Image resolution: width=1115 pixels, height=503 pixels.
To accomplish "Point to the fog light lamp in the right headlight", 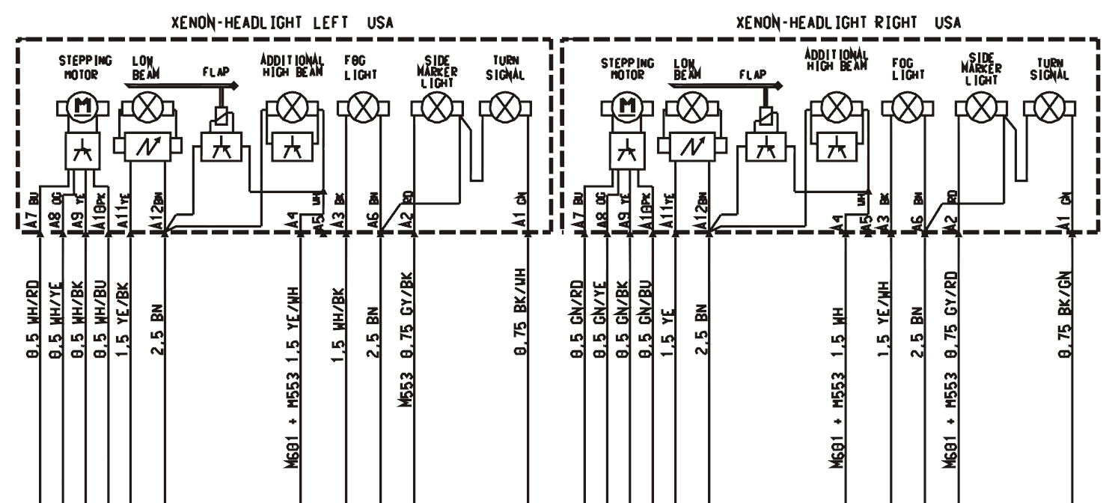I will (x=908, y=109).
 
